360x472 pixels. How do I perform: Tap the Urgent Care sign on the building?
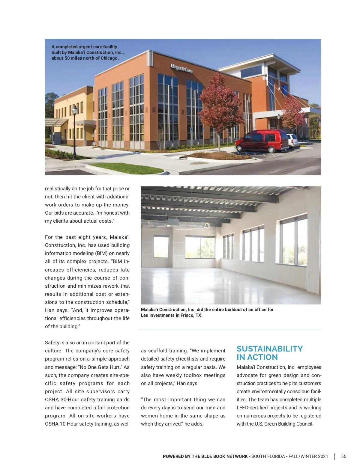pyautogui.click(x=182, y=68)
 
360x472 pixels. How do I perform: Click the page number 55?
pyautogui.click(x=343, y=456)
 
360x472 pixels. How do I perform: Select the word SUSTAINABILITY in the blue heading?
pyautogui.click(x=269, y=349)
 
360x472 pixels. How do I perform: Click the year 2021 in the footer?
pyautogui.click(x=323, y=456)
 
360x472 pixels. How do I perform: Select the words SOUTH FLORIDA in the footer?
pyautogui.click(x=268, y=456)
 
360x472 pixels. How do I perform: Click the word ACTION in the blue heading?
pyautogui.click(x=262, y=357)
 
